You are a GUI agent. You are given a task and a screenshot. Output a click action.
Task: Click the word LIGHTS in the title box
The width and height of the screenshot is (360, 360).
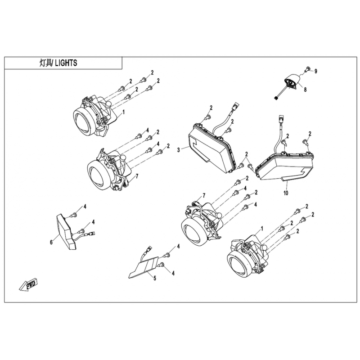(x=66, y=63)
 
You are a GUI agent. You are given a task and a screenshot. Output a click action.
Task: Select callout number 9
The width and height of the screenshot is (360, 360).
(x=316, y=72)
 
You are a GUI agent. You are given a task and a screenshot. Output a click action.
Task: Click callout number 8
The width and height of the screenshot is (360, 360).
(x=305, y=89)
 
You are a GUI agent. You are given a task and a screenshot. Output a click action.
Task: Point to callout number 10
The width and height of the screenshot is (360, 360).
(x=286, y=193)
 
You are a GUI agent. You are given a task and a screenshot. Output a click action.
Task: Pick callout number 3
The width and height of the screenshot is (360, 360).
(x=179, y=150)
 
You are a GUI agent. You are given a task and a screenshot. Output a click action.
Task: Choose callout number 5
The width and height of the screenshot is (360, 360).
(x=155, y=278)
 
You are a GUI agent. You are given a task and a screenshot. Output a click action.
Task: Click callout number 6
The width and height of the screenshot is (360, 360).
(x=51, y=242)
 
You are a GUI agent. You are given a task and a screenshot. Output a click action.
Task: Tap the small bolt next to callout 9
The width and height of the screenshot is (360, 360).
(x=308, y=69)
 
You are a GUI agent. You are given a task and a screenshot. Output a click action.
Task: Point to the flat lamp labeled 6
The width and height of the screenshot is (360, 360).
(x=66, y=231)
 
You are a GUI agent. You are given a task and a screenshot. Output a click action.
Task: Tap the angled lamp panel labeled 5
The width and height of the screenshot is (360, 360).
(x=144, y=267)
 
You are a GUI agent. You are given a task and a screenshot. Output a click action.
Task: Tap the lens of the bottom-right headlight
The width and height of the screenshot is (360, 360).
(x=238, y=265)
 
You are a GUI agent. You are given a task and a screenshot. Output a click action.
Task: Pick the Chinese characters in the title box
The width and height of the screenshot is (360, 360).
(x=46, y=63)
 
